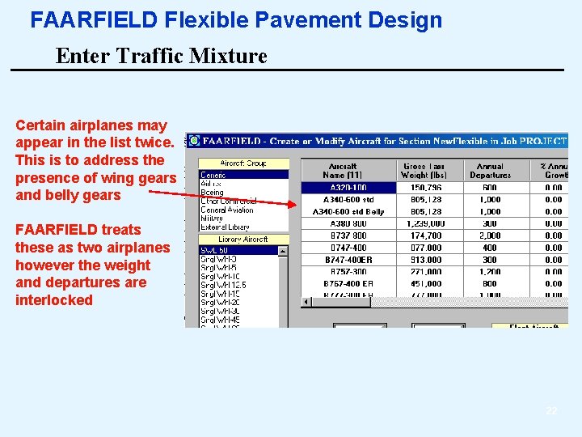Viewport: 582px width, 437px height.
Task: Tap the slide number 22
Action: coord(551,411)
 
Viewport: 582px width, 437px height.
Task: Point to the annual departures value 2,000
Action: coord(489,235)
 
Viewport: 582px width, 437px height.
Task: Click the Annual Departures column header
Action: coord(490,170)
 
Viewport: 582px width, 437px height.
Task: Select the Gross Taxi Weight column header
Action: coord(424,170)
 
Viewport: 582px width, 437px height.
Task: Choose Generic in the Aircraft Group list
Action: coord(213,175)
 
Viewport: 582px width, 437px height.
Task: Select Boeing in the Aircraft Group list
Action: coord(213,193)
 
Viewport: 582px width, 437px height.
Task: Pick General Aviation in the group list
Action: coord(227,210)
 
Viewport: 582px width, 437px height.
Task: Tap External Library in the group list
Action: coord(226,227)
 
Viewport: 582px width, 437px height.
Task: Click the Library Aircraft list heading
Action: coord(243,240)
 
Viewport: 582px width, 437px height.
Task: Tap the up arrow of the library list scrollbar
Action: coord(283,251)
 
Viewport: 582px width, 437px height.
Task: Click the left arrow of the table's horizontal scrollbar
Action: coord(306,302)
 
